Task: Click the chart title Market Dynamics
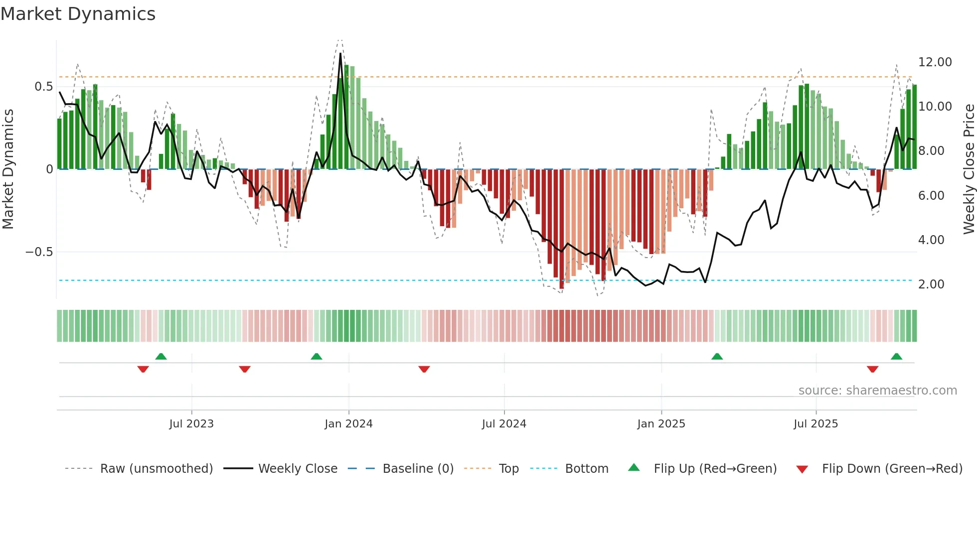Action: [x=78, y=14]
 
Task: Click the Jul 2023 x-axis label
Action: [x=191, y=424]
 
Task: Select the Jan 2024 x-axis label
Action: [x=348, y=424]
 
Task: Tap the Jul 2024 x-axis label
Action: [x=504, y=424]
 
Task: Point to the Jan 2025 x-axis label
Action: [x=661, y=424]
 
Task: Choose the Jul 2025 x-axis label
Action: [x=816, y=424]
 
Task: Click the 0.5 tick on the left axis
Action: [x=43, y=87]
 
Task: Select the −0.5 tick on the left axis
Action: [x=39, y=252]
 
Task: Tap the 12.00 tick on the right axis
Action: [x=935, y=62]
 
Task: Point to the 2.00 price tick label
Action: [x=931, y=284]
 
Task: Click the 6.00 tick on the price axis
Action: [x=931, y=196]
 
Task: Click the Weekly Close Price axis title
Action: [x=969, y=169]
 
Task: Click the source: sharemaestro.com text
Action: [x=877, y=391]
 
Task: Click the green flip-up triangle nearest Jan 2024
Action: [x=317, y=357]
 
